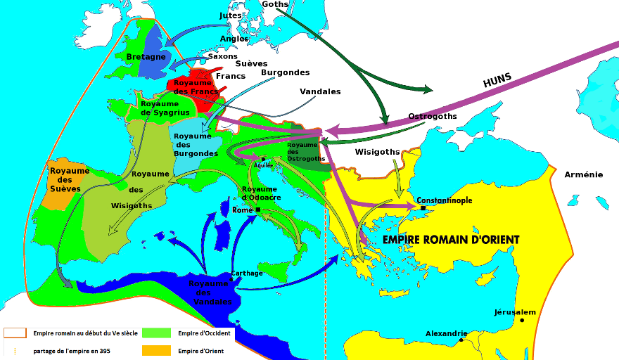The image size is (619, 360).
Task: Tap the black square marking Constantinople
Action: [423, 208]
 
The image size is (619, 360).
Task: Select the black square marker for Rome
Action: [258, 210]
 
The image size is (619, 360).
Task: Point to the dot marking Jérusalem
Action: [523, 321]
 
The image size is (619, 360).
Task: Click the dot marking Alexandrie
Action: [461, 340]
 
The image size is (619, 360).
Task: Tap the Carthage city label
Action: [247, 273]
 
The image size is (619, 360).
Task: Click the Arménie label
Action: [583, 174]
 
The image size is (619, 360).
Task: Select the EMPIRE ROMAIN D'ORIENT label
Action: [451, 240]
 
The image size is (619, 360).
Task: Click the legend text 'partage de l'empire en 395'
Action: [70, 350]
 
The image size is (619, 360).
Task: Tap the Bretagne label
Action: [146, 56]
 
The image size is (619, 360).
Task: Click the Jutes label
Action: [230, 15]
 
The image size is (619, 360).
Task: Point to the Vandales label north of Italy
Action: [320, 91]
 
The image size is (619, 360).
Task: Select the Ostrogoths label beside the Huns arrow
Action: [433, 116]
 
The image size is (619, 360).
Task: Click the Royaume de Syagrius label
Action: [160, 108]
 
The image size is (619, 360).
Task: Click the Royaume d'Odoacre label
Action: [261, 193]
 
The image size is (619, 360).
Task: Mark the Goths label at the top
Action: [274, 4]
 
